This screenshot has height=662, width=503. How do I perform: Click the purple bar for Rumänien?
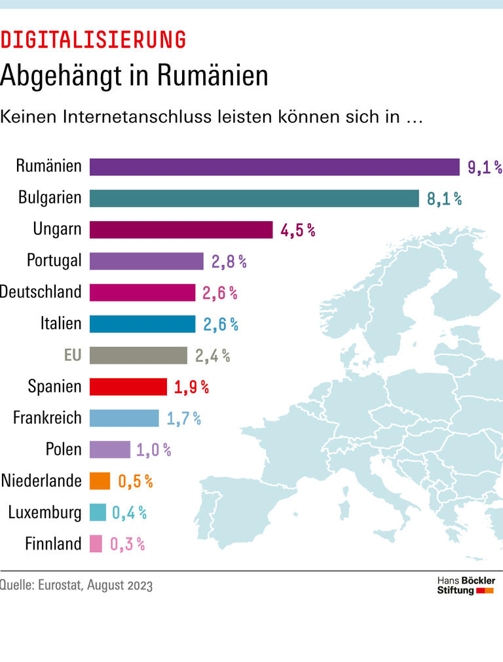274,167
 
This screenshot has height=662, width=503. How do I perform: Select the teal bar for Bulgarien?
254,198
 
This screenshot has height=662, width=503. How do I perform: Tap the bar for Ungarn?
181,230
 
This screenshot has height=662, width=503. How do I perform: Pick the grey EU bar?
138,355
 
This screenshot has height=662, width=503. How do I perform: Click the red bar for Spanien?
128,387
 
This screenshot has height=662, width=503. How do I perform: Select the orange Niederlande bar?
100,481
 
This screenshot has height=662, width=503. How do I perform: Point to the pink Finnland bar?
96,544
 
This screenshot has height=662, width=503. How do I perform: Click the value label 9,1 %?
484,167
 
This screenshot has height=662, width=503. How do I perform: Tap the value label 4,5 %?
298,230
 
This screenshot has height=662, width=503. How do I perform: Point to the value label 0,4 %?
129,512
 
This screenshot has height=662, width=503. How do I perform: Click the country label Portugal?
54,260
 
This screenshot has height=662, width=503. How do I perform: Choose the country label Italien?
61,323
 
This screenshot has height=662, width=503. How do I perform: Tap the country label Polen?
64,449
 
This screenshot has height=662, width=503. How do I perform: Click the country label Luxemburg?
45,512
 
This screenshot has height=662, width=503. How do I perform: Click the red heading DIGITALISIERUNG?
93,41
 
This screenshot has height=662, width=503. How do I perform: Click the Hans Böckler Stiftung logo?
466,585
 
